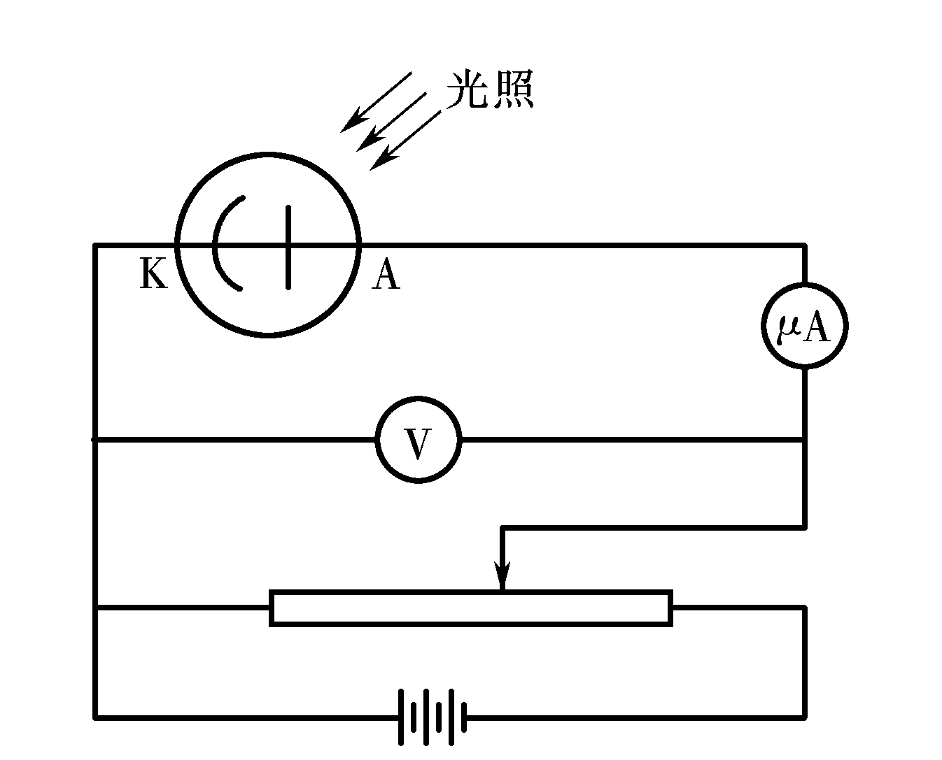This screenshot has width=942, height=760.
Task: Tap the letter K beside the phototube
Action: (154, 273)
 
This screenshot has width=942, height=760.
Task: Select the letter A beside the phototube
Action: (386, 274)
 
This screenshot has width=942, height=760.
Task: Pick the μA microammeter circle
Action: (805, 325)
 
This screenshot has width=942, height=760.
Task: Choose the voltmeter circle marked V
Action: (419, 440)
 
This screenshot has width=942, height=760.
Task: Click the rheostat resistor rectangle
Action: (471, 608)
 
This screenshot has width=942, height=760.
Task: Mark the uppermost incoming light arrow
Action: (376, 101)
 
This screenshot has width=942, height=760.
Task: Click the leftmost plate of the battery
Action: (402, 717)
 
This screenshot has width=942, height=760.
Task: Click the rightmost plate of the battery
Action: (464, 717)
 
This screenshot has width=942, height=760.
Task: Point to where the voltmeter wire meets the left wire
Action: (95, 440)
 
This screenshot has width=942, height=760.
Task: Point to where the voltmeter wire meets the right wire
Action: (805, 440)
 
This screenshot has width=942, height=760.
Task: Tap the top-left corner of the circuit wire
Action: (95, 245)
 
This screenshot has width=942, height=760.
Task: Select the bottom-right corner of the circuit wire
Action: (805, 717)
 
